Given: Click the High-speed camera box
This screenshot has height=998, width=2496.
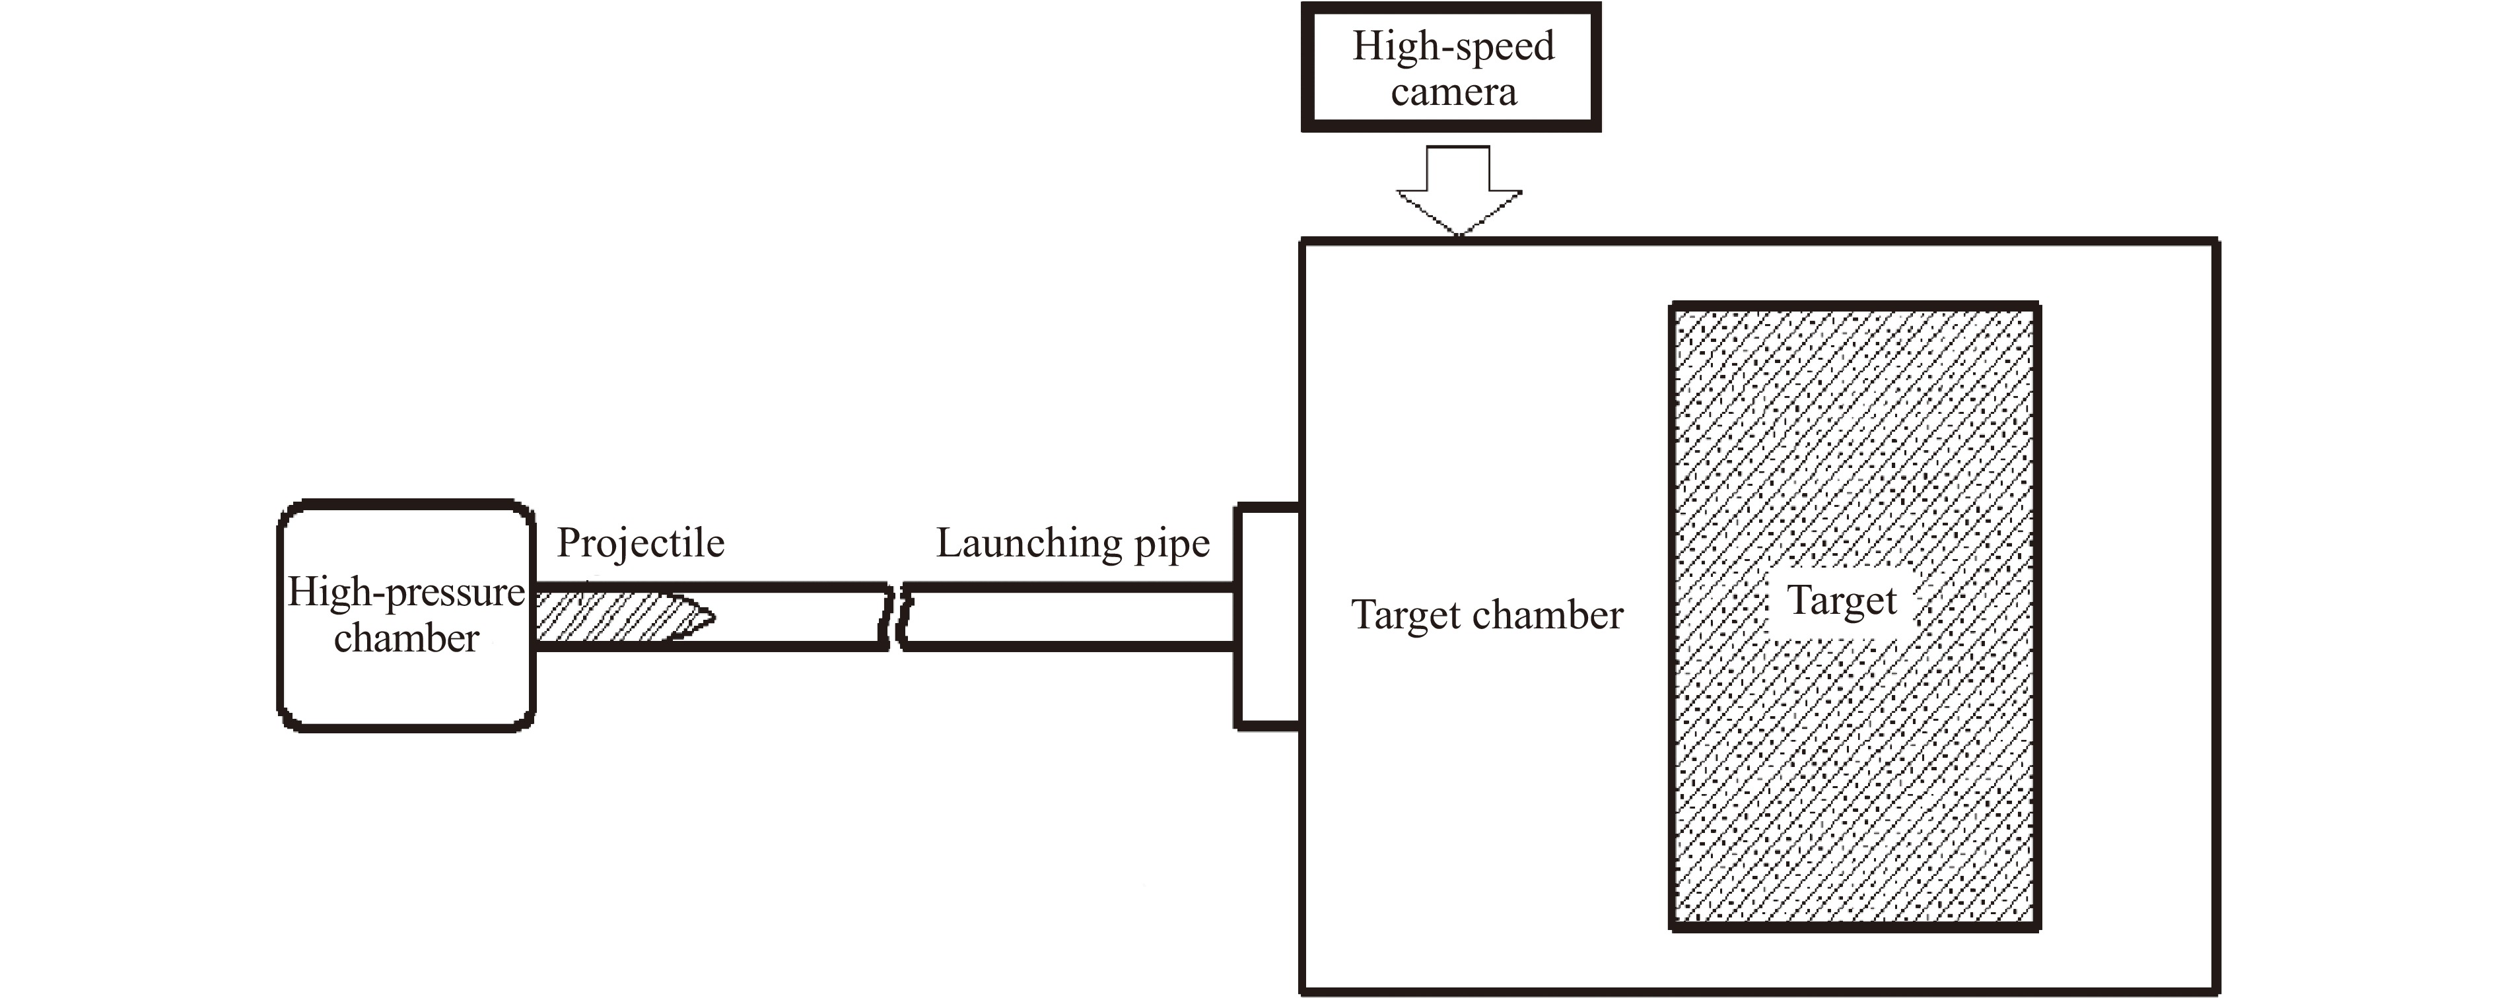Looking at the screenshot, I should [x=1451, y=68].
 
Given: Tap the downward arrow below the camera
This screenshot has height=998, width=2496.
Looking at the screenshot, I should [x=1458, y=189].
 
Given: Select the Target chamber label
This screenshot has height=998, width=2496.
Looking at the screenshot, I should [x=1486, y=615].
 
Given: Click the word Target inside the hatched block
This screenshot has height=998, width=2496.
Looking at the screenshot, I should [x=1841, y=601].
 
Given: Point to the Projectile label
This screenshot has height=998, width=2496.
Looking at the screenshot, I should [x=641, y=543].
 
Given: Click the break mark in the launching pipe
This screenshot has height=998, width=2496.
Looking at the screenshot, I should [x=896, y=616].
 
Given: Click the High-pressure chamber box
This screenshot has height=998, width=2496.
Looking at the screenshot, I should [x=407, y=679].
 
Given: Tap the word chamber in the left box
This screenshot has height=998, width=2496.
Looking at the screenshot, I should [x=406, y=638].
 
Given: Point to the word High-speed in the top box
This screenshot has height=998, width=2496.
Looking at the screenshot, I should [x=1453, y=46].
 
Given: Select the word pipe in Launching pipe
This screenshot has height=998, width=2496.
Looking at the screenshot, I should [x=1173, y=545].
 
